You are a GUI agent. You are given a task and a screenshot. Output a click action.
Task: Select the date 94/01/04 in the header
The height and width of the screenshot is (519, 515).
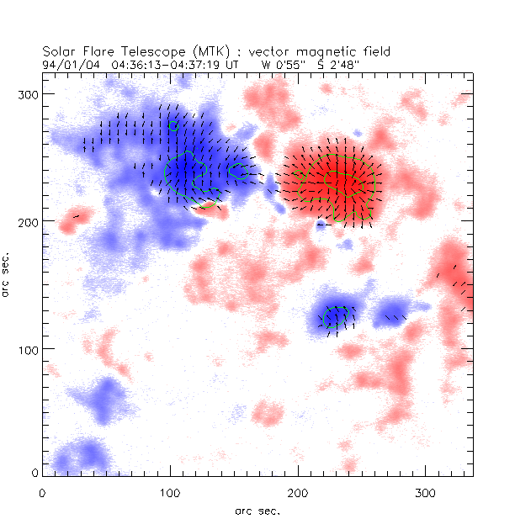[65, 62]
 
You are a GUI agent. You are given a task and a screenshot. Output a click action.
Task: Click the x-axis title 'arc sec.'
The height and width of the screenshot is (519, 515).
[258, 510]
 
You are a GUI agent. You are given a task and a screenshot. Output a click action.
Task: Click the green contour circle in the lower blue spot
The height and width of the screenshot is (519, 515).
[335, 318]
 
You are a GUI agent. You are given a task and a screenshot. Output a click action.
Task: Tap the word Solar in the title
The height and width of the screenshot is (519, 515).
[59, 50]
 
